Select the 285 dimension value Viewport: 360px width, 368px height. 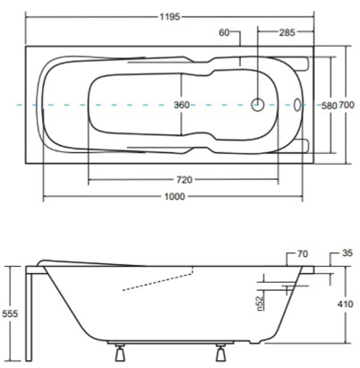click(x=287, y=34)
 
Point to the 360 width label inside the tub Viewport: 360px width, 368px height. click(x=181, y=105)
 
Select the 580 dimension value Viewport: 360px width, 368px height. click(x=330, y=105)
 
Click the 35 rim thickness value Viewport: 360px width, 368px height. click(x=346, y=254)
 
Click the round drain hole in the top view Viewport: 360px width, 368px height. click(x=259, y=104)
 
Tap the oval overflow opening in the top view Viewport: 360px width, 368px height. click(x=300, y=104)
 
